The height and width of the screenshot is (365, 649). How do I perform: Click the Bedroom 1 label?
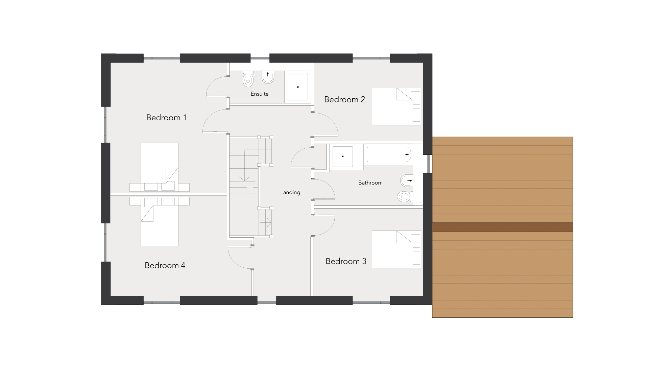click(x=166, y=118)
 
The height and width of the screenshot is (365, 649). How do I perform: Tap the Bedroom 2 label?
click(x=344, y=99)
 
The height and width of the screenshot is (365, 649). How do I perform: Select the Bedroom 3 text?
click(x=346, y=261)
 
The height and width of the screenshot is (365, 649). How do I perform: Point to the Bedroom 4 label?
click(x=165, y=265)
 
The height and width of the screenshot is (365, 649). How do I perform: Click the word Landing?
click(x=290, y=192)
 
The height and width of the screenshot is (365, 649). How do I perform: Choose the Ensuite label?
click(x=260, y=94)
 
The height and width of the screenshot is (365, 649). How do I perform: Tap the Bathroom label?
click(x=370, y=183)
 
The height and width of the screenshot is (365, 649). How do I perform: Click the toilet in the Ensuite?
click(x=248, y=79)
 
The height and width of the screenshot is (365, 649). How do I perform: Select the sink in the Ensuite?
click(x=268, y=77)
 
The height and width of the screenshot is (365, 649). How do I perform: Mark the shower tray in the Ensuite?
click(x=297, y=87)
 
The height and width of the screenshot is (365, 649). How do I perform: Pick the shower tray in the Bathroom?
click(x=343, y=156)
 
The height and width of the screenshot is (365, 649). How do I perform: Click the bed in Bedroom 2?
click(x=396, y=106)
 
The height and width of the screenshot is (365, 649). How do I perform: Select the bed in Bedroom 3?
click(x=396, y=249)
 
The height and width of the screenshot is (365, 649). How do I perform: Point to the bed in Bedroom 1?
click(x=160, y=167)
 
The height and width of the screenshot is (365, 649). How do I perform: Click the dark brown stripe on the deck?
click(x=502, y=227)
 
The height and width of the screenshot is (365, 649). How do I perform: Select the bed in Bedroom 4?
click(x=160, y=221)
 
